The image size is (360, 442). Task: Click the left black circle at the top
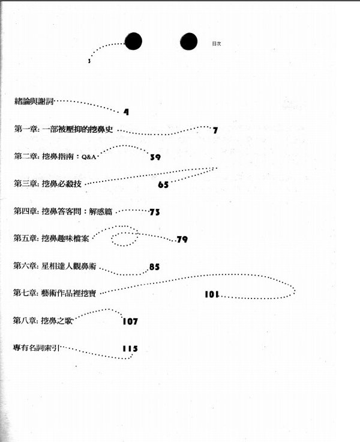tap(133, 41)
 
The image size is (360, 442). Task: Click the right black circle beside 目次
tap(189, 41)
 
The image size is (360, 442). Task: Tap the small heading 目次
tap(217, 44)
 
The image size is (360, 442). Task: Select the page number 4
tap(126, 112)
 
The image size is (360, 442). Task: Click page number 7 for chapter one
tap(215, 130)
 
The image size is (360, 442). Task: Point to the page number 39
tap(155, 157)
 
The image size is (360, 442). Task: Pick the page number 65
tap(163, 184)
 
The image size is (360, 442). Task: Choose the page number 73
tap(155, 212)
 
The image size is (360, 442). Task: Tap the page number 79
tap(182, 240)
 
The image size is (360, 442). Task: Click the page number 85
tap(154, 267)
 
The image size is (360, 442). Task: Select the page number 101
tap(212, 294)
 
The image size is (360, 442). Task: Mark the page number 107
tap(130, 321)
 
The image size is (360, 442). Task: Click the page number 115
tap(130, 348)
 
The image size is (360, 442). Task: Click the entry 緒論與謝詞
tap(34, 101)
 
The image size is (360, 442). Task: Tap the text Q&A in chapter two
tap(89, 157)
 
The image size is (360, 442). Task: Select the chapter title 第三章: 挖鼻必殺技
tap(47, 184)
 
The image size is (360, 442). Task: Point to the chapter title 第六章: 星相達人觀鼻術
tap(55, 266)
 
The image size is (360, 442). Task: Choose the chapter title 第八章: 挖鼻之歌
tap(43, 321)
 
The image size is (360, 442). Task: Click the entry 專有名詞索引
tap(36, 348)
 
